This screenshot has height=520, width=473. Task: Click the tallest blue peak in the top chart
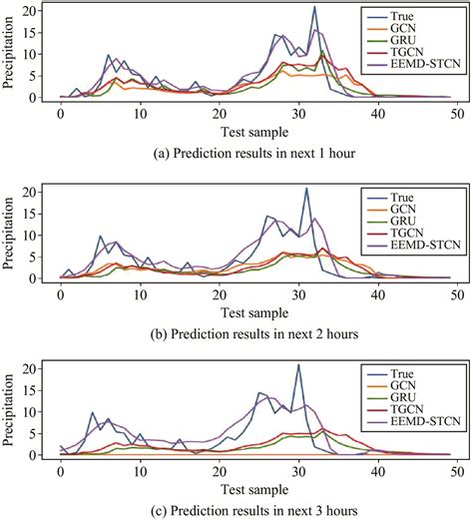(x=314, y=8)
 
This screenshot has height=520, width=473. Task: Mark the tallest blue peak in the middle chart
(x=306, y=189)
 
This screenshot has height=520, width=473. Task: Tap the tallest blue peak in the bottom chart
(x=298, y=365)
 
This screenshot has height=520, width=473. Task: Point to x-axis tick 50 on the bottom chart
(x=455, y=469)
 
